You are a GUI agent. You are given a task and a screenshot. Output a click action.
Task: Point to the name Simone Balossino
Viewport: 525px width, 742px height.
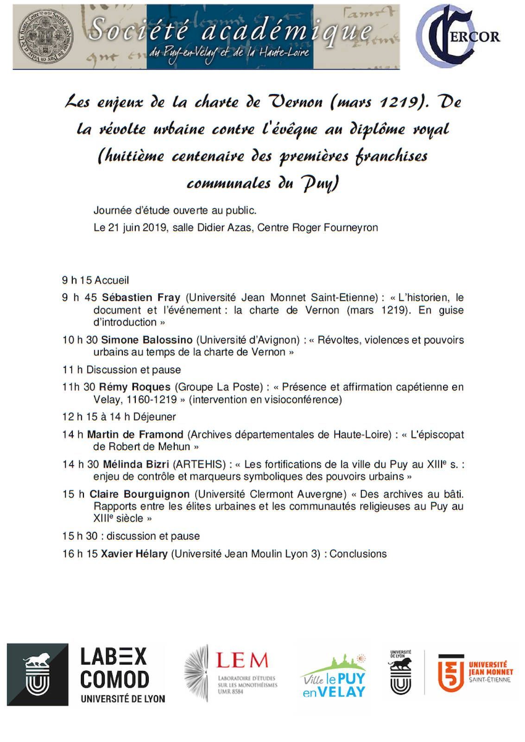click(146, 340)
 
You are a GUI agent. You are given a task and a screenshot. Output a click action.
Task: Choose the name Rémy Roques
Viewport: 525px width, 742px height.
click(135, 387)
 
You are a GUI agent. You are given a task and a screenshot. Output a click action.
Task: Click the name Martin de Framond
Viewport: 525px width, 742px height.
click(135, 435)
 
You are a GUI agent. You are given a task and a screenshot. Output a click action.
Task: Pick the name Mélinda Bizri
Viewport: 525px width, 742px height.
click(136, 464)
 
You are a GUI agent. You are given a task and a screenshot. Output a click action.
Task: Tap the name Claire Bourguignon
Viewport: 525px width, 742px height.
click(139, 494)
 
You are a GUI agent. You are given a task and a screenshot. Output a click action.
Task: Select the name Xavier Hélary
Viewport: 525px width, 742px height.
click(134, 554)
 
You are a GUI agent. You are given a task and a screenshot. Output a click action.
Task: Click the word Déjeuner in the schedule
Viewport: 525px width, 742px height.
click(154, 417)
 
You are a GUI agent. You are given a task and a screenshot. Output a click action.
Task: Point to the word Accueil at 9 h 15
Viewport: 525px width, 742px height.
click(112, 280)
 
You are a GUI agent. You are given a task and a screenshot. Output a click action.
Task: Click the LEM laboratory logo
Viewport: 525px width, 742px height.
click(231, 673)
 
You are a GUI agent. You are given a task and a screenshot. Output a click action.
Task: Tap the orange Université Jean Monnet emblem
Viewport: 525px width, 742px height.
click(451, 673)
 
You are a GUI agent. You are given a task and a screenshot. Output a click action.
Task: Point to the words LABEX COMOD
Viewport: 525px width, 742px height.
click(114, 668)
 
